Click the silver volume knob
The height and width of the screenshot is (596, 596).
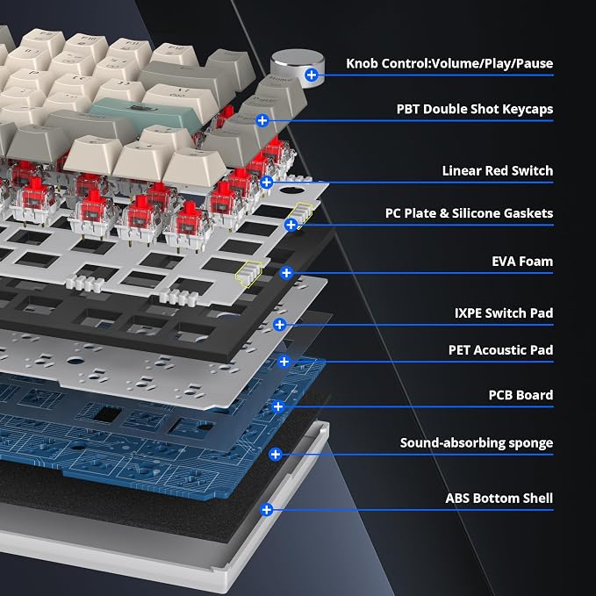[x=297, y=67]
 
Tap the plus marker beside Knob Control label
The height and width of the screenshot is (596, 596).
[x=312, y=75]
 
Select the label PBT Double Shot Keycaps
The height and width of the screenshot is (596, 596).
[x=475, y=109]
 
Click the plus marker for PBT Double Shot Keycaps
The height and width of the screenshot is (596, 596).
[x=262, y=121]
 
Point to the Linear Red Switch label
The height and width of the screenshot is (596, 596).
[x=498, y=170]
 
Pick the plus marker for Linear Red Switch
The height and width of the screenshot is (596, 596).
[x=267, y=182]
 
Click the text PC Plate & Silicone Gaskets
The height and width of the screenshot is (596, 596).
[x=469, y=213]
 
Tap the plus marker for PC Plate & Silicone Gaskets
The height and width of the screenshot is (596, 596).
[x=291, y=225]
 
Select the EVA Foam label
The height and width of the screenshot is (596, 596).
[x=522, y=262]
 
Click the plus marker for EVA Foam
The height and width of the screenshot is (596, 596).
[x=286, y=272]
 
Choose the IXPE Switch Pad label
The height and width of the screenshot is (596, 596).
[x=504, y=313]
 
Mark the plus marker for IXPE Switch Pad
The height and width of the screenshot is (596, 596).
[x=280, y=325]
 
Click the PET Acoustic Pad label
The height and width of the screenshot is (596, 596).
[x=501, y=350]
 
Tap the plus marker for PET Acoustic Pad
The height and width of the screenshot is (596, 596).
[x=284, y=362]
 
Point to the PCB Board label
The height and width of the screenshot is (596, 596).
[x=521, y=395]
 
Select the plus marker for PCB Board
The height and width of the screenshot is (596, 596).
[x=278, y=406]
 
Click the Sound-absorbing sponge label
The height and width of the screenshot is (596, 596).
[x=477, y=443]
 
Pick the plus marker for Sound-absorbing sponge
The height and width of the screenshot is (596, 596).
[x=276, y=454]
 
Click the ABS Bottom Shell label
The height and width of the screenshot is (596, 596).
[x=499, y=499]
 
